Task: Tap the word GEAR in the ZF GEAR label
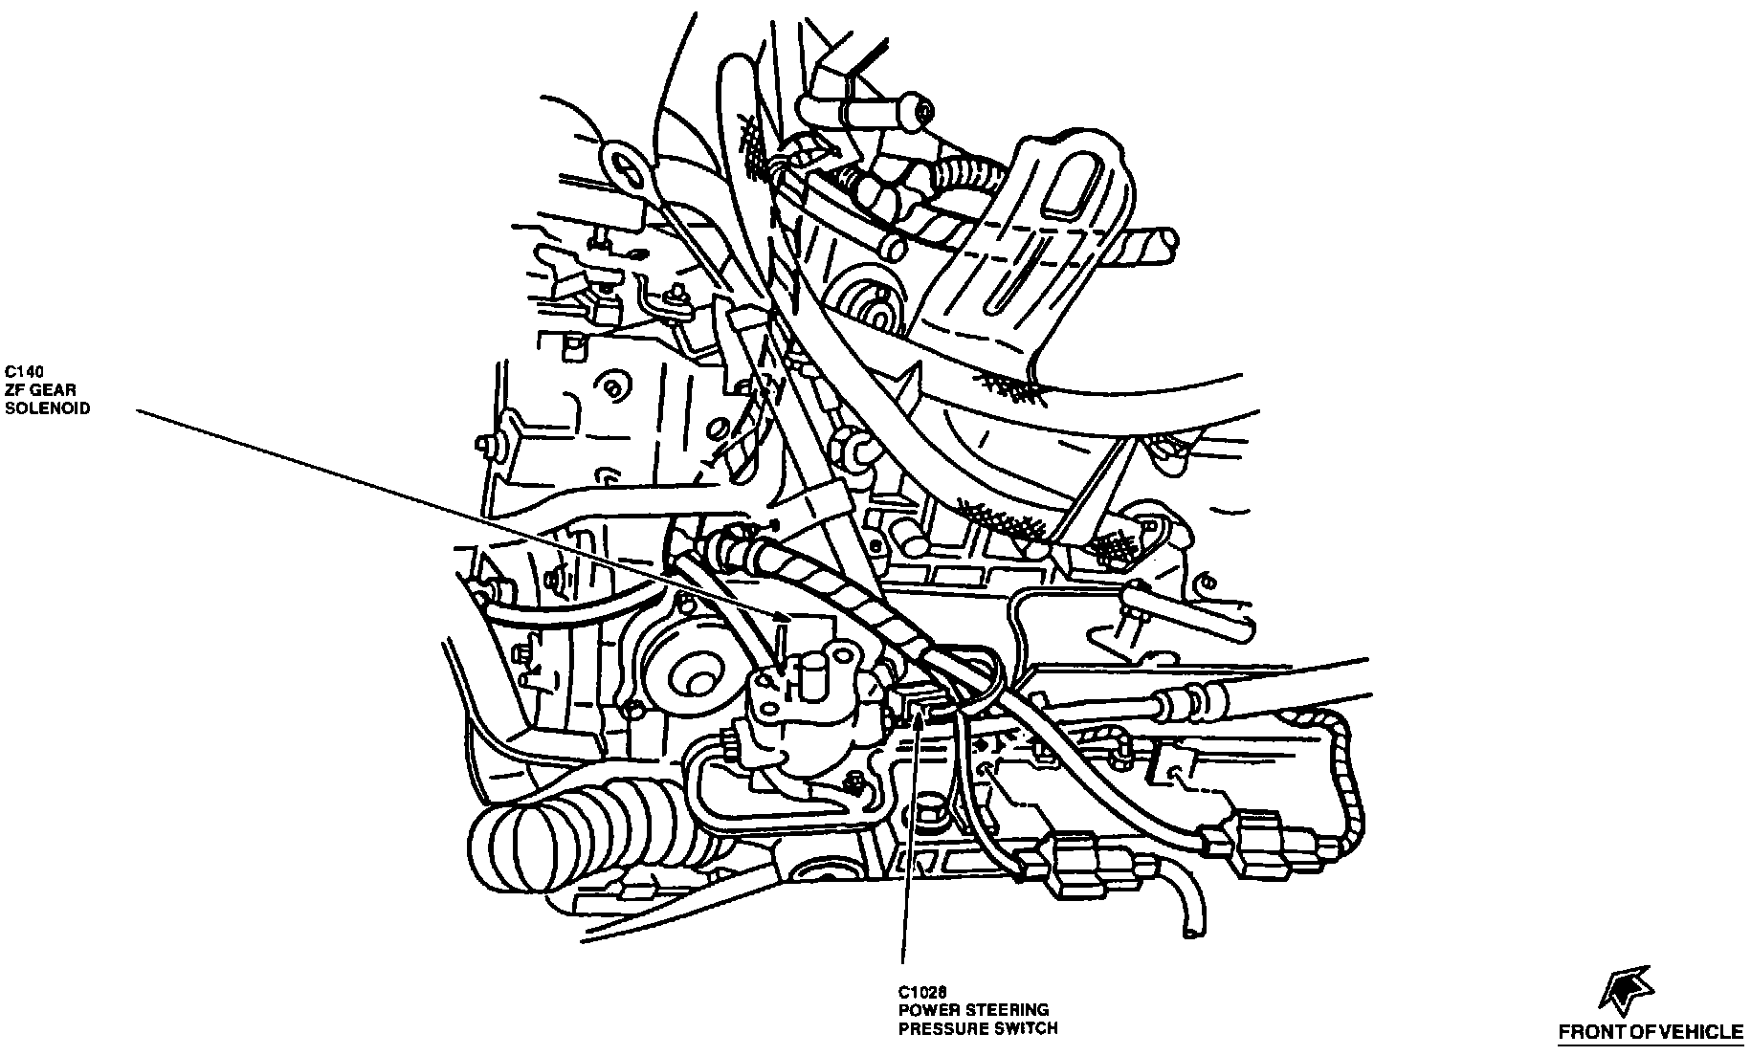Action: tap(56, 389)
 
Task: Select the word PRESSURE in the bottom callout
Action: tap(937, 1028)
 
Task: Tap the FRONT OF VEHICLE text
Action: tap(1651, 1032)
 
